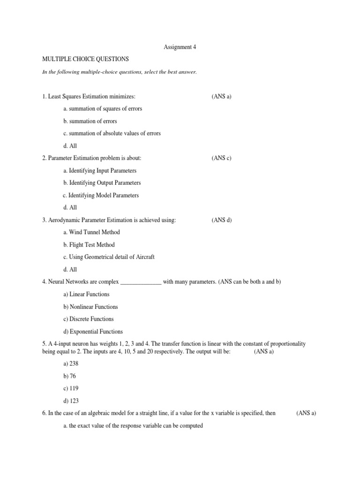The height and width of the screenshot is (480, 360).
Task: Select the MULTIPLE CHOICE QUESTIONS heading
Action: click(85, 59)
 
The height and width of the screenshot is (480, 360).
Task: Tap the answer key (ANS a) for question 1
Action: click(222, 96)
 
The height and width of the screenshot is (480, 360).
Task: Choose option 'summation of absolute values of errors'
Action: click(112, 133)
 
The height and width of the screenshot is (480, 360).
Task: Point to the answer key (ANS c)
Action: click(222, 158)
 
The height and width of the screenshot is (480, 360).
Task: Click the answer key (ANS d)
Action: click(222, 220)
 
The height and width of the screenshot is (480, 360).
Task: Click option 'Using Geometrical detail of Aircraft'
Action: click(108, 257)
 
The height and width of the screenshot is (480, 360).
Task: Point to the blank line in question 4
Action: click(141, 283)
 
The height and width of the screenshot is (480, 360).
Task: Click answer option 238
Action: click(71, 363)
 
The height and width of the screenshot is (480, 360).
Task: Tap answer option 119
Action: click(71, 388)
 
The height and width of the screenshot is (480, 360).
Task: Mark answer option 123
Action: click(71, 401)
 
